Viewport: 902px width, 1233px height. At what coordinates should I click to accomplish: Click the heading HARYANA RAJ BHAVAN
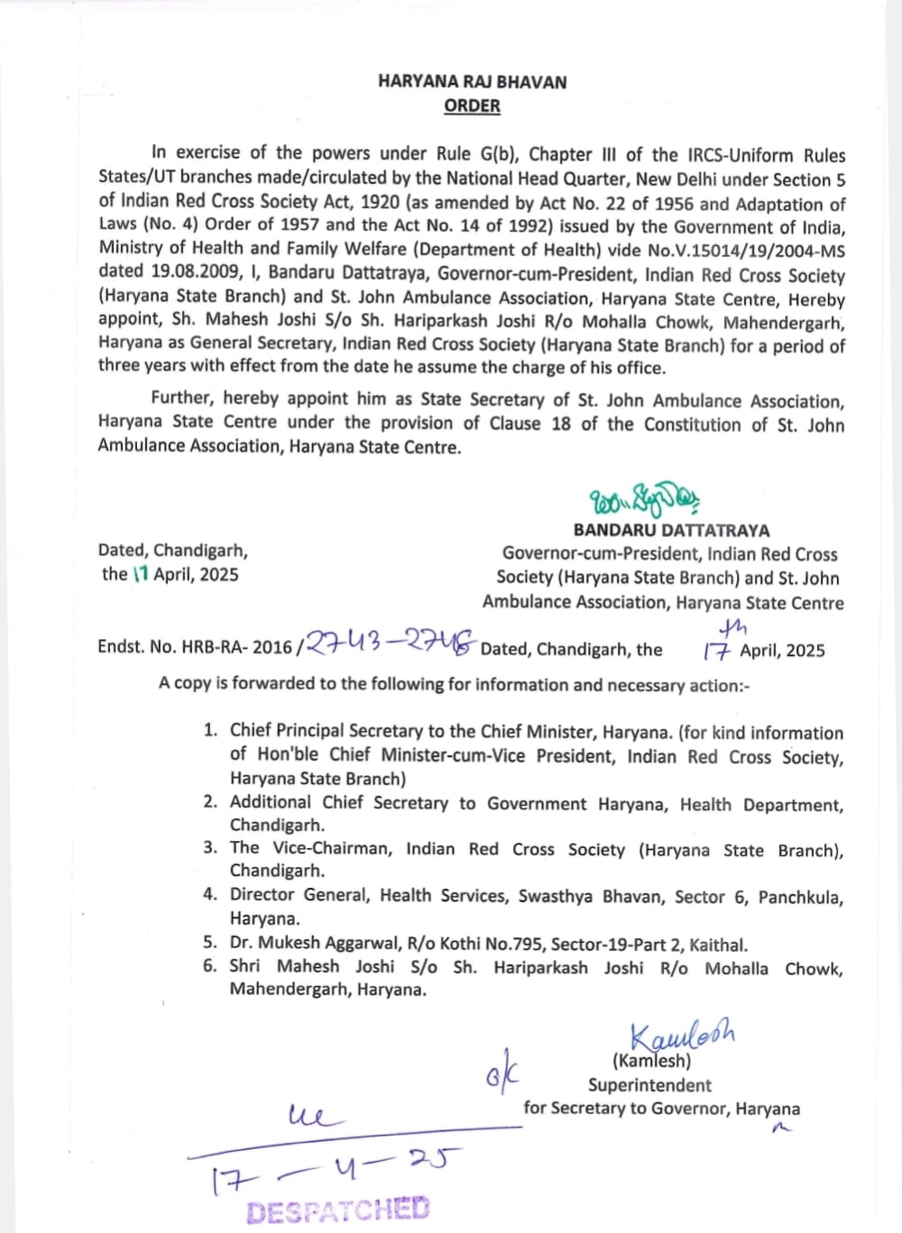click(472, 82)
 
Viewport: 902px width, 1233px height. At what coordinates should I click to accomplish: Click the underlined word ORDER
click(472, 106)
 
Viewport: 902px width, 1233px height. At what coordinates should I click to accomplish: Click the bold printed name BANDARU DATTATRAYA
click(671, 531)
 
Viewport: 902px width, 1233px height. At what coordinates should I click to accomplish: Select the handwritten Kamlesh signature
click(682, 1036)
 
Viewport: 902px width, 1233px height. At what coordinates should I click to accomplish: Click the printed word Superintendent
click(649, 1085)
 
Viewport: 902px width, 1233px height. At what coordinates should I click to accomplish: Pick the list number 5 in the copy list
click(210, 943)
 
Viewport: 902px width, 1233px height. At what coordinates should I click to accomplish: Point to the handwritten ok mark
click(502, 1071)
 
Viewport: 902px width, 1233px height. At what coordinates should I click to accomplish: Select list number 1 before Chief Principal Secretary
click(210, 730)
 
